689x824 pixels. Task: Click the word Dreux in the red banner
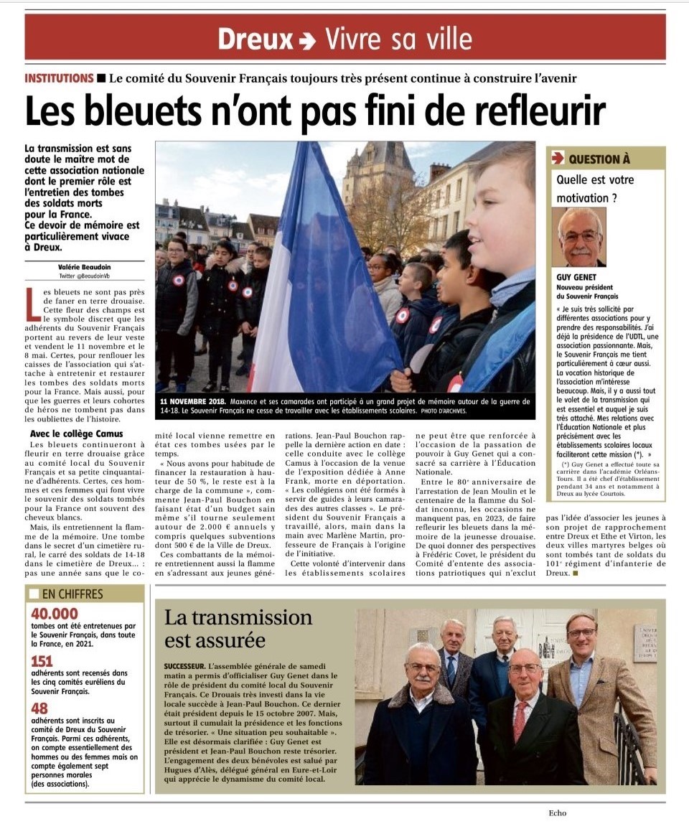(x=256, y=38)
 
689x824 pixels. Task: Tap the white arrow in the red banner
(x=306, y=40)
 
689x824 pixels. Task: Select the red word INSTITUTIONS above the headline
(x=59, y=78)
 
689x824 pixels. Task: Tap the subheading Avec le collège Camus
(x=76, y=434)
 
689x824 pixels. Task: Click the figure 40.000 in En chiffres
(x=55, y=614)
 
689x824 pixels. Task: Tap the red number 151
(x=42, y=661)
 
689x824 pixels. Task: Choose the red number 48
(x=39, y=709)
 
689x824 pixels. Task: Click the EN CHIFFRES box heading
(x=72, y=594)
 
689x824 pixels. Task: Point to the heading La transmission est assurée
(x=238, y=628)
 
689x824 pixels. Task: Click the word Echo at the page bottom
(x=557, y=813)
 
